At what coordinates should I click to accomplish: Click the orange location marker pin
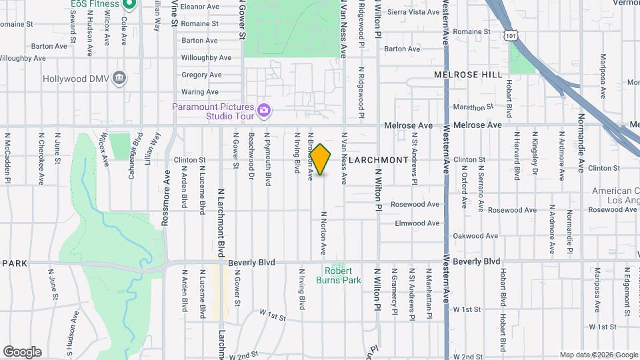tap(320, 159)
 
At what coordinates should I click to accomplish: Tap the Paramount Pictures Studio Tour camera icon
tap(264, 110)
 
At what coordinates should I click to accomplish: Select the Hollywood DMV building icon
tap(119, 78)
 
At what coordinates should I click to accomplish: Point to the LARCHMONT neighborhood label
tap(378, 160)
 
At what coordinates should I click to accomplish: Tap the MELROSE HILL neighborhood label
tap(469, 75)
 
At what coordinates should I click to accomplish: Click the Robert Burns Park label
tap(343, 275)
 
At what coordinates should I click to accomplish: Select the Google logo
tap(22, 352)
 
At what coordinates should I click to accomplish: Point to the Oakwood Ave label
tap(476, 236)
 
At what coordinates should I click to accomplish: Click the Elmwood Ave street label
tap(417, 223)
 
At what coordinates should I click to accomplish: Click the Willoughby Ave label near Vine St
tap(206, 57)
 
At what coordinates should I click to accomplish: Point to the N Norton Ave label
tap(323, 233)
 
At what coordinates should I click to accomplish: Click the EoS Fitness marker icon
tap(131, 4)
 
